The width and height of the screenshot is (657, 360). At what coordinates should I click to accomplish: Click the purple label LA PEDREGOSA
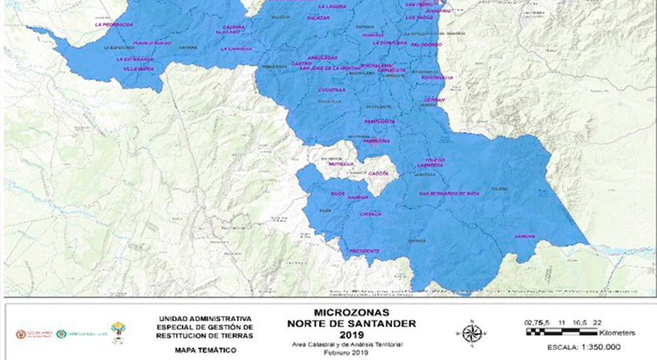click(109, 24)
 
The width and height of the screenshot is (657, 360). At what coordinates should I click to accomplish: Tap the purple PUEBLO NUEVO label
click(152, 43)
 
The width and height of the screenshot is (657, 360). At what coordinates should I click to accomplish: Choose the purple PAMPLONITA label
click(379, 122)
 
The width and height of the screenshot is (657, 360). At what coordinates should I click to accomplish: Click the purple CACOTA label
click(378, 173)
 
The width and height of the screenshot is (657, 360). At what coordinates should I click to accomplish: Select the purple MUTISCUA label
click(341, 164)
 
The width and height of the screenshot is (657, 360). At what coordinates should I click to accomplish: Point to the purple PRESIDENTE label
click(364, 251)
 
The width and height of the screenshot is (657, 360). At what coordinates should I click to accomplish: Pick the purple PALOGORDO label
click(426, 45)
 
